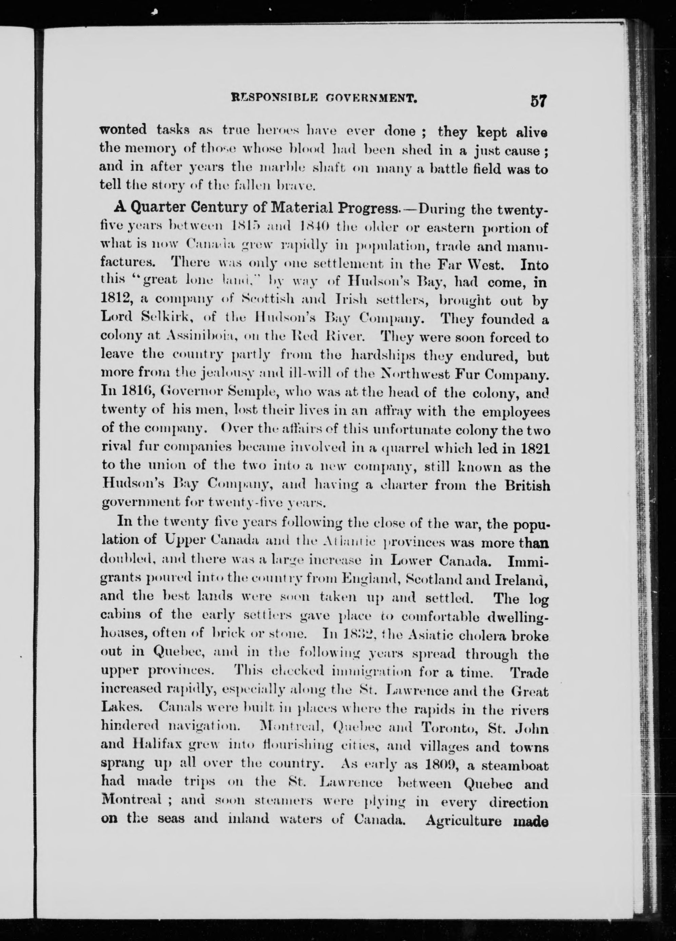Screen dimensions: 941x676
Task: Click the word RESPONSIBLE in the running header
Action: coord(271,99)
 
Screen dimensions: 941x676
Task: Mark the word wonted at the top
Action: coord(123,131)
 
